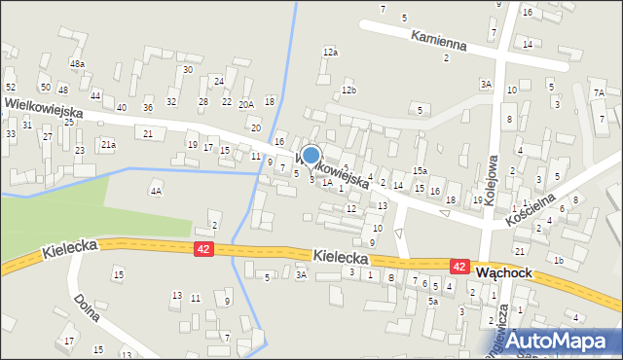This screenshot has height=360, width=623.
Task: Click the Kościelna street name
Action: (x=530, y=209)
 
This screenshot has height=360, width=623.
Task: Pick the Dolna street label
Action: (x=87, y=302)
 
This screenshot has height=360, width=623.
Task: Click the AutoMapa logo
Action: (x=565, y=341)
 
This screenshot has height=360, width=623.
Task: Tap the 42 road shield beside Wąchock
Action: (x=459, y=266)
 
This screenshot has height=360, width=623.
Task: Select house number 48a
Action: (x=77, y=64)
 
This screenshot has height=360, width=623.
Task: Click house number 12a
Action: (x=331, y=53)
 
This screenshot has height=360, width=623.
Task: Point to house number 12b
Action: (x=348, y=90)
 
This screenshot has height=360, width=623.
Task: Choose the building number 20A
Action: (x=246, y=104)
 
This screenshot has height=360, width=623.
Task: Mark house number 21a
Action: (x=109, y=145)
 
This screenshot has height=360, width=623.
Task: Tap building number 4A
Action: (x=156, y=192)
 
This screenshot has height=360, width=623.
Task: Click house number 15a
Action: (x=420, y=171)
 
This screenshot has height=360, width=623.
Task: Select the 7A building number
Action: (x=599, y=93)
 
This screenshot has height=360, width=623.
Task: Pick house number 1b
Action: (x=558, y=261)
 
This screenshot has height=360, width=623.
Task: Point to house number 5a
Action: (x=433, y=302)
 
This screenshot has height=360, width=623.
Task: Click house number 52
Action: (x=10, y=88)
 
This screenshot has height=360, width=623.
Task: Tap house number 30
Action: (x=187, y=69)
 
